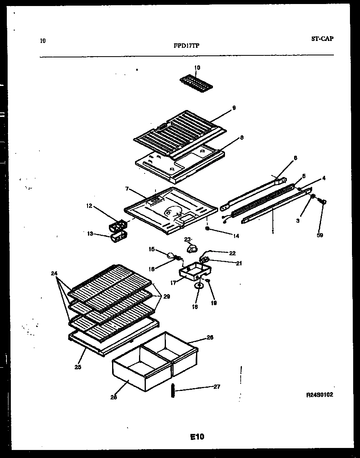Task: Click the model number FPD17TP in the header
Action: [186, 45]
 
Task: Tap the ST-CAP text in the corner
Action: [322, 39]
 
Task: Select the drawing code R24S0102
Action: [319, 395]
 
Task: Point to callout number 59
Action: [320, 235]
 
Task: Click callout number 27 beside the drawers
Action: [217, 387]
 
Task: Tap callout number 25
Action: [78, 367]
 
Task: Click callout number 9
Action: [234, 108]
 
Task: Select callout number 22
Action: [232, 253]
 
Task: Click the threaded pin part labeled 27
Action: [173, 390]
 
